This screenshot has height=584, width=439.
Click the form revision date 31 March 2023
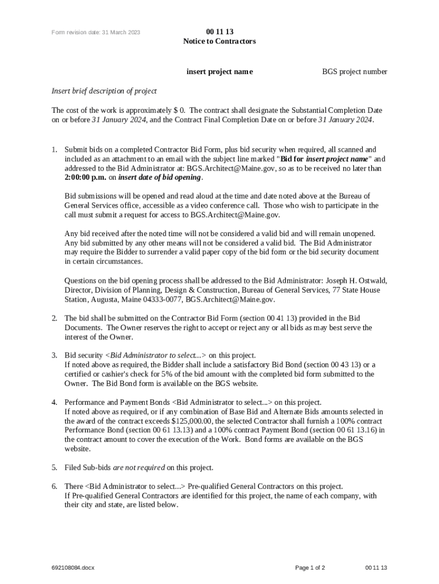click(95, 33)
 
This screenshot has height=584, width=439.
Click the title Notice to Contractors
click(219, 42)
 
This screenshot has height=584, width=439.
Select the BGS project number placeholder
click(354, 72)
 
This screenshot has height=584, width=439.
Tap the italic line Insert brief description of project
click(104, 91)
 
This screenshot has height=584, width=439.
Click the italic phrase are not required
click(139, 468)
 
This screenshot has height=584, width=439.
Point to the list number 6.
click(54, 486)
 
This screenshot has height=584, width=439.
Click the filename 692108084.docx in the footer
click(73, 568)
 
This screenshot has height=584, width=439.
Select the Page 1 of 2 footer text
click(310, 568)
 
